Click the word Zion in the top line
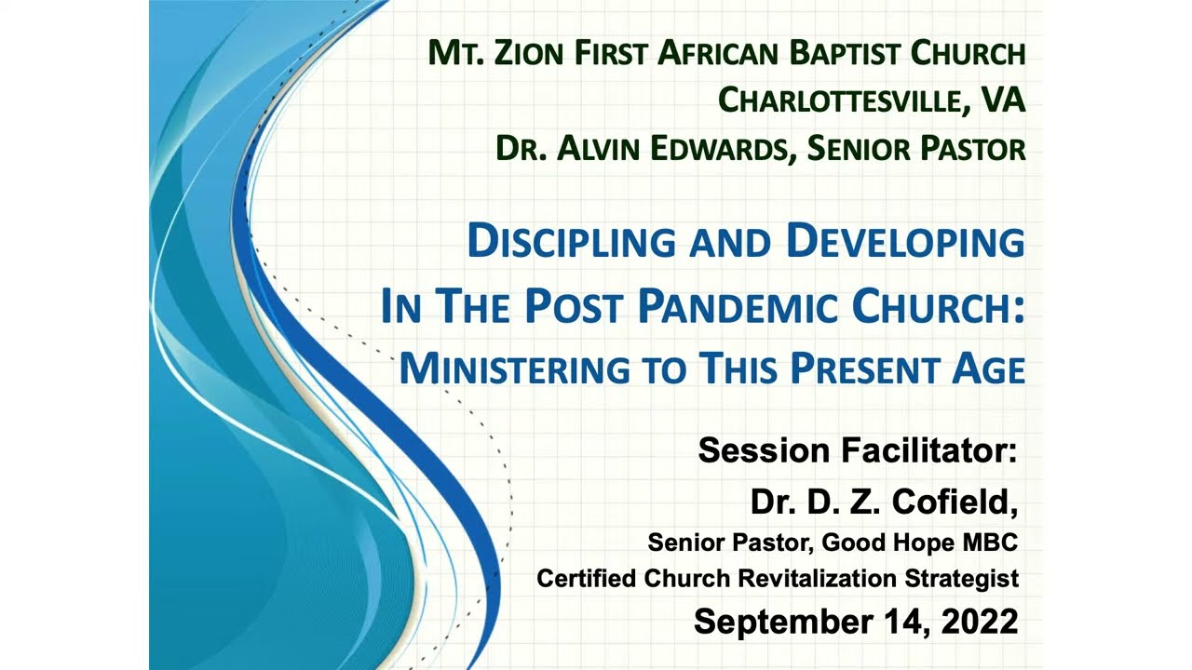[x=527, y=53]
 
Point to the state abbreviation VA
[x=1000, y=99]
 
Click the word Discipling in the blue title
[x=572, y=243]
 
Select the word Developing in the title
[x=904, y=242]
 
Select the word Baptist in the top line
[x=846, y=53]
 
